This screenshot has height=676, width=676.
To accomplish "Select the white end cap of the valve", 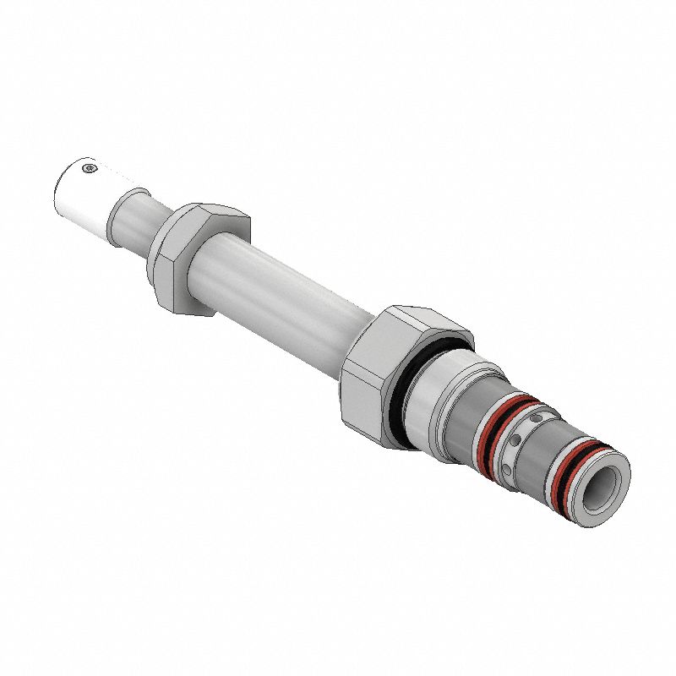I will tap(81, 194).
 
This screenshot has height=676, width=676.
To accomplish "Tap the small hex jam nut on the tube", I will tap(196, 259).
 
